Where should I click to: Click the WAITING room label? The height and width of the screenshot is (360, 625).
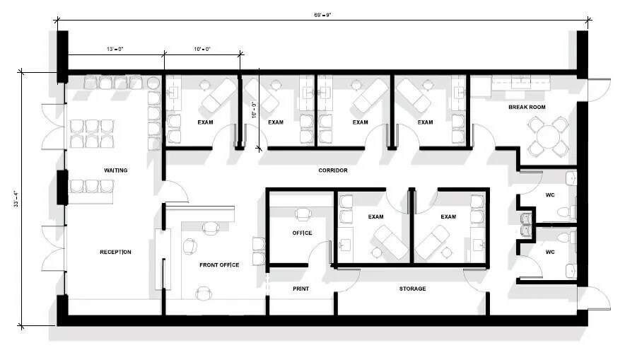[x=115, y=170]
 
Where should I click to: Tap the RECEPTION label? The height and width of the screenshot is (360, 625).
[x=115, y=252]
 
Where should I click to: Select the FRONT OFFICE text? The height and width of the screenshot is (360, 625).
[x=219, y=265]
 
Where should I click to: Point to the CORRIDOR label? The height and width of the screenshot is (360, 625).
[x=333, y=170]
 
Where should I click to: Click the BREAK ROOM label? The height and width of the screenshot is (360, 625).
[x=527, y=107]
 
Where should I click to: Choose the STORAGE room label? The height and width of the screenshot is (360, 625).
[x=413, y=289]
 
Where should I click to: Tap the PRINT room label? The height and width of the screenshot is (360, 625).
[x=301, y=289]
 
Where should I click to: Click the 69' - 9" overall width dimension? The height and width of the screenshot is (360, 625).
[x=322, y=15]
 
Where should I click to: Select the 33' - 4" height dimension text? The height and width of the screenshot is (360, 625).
[x=16, y=199]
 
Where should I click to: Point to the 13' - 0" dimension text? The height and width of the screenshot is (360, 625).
[x=115, y=49]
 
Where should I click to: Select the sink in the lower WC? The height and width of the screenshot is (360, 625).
[x=571, y=271]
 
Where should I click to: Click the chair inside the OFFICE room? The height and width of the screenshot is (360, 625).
[x=303, y=214]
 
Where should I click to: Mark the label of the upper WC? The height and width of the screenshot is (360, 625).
[x=550, y=195]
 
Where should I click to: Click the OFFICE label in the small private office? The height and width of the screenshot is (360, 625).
[x=302, y=233]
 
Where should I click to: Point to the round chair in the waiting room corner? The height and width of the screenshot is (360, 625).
[x=153, y=83]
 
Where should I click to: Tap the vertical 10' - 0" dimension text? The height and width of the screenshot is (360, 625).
[x=254, y=110]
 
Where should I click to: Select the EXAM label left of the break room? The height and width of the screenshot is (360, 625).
[x=425, y=122]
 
